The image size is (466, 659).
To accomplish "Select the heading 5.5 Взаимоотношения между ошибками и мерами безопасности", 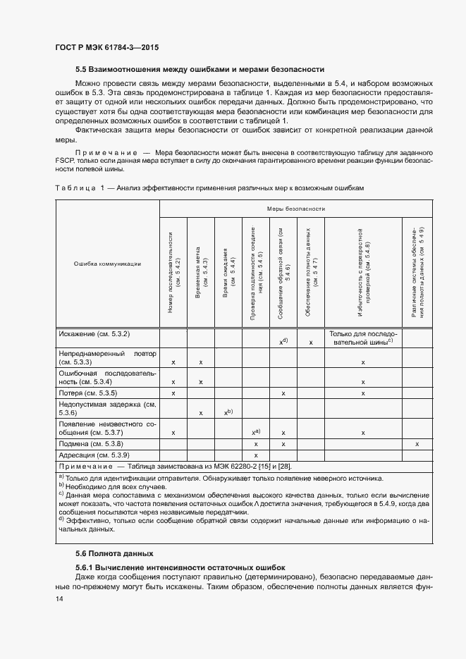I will pyautogui.click(x=200, y=69).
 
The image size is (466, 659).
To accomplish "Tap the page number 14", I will pyautogui.click(x=59, y=598).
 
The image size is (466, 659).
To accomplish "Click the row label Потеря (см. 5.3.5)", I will pyautogui.click(x=88, y=392).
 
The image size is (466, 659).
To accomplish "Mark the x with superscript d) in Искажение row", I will pyautogui.click(x=283, y=342).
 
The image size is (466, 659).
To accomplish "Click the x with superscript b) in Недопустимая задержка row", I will pyautogui.click(x=228, y=412).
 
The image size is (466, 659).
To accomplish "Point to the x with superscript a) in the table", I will pyautogui.click(x=256, y=432).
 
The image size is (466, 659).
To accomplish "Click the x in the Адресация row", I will pyautogui.click(x=256, y=455).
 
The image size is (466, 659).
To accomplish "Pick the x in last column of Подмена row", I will pyautogui.click(x=417, y=444).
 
